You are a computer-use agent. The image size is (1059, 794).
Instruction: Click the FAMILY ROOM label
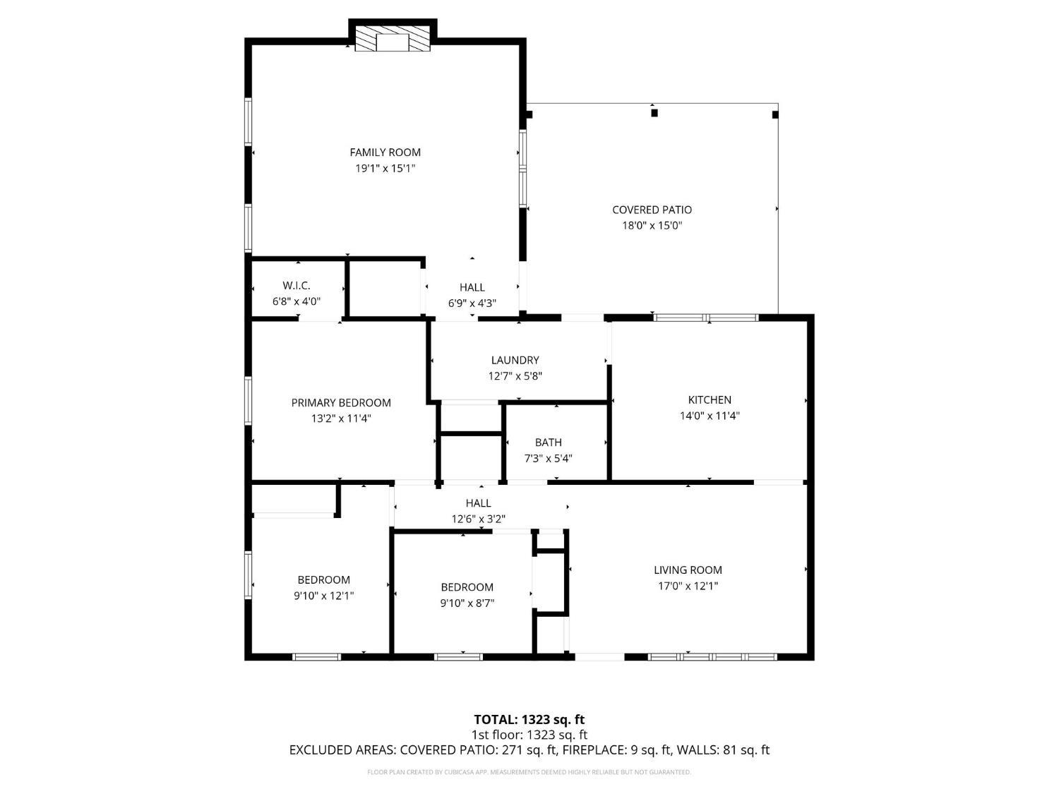(x=385, y=152)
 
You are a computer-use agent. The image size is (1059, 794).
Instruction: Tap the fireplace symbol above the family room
(x=393, y=41)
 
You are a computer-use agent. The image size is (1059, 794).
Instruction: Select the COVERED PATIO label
(x=652, y=210)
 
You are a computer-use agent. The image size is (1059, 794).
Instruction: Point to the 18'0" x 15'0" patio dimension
(x=652, y=226)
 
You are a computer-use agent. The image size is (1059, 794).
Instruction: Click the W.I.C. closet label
(x=297, y=286)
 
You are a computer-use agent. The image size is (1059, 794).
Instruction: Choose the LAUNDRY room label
(x=515, y=360)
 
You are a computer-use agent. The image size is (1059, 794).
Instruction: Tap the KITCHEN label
(x=710, y=399)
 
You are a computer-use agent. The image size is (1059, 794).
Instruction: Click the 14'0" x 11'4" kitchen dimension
(x=710, y=416)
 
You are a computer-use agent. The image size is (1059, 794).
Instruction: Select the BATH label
(x=548, y=443)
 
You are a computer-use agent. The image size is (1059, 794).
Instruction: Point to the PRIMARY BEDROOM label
(x=341, y=403)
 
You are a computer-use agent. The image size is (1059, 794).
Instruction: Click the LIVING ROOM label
(x=688, y=570)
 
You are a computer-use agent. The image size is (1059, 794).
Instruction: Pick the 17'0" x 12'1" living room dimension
(x=688, y=586)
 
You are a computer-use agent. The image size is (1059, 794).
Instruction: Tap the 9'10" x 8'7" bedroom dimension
(x=467, y=603)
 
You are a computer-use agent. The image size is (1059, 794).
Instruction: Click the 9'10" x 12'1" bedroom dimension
(x=323, y=596)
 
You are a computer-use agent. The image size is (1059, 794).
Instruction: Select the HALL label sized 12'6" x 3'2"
(x=478, y=503)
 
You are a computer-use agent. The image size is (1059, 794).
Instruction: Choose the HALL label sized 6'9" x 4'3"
(x=472, y=287)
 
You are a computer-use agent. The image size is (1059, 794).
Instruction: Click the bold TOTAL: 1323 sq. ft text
(x=529, y=720)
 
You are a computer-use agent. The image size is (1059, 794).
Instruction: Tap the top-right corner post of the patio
(x=775, y=114)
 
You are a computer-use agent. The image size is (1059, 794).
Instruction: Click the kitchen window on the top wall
(x=706, y=318)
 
